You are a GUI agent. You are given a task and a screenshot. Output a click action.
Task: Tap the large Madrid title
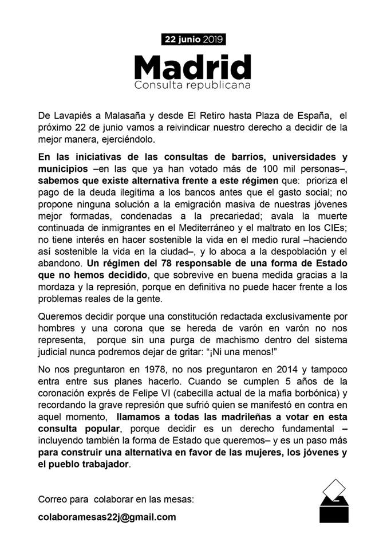click(193, 67)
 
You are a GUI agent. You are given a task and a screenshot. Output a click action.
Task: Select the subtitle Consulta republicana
click(193, 86)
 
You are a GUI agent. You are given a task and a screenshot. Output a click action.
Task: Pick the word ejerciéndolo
click(125, 140)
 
